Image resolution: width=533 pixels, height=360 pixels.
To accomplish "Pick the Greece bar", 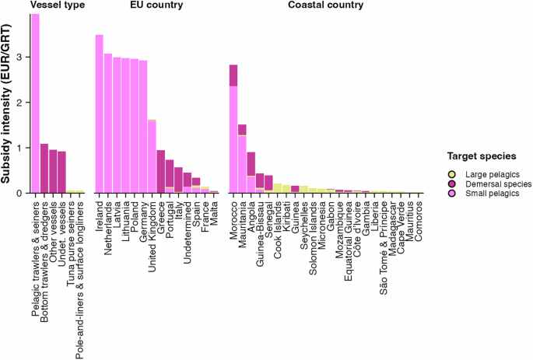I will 160,172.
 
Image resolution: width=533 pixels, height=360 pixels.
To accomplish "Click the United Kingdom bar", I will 152,156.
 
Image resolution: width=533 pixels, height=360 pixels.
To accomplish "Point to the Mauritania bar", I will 242,159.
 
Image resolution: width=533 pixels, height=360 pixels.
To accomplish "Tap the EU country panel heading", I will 156,6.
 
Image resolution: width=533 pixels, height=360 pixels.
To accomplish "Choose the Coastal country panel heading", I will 324,6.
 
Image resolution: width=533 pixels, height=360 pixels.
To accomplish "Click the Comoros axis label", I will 418,218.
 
